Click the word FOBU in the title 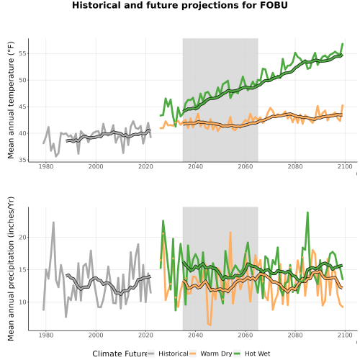tap(274, 5)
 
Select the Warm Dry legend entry tap(211, 354)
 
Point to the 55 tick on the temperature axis tap(22, 53)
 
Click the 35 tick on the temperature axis tap(22, 160)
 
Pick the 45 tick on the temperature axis tap(22, 107)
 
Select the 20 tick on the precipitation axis tap(22, 237)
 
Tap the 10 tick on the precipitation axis tap(22, 302)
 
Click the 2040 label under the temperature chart tap(195, 166)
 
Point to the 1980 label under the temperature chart tap(46, 166)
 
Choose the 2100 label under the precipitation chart tap(345, 335)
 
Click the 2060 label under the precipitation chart tap(246, 335)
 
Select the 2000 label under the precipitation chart tap(96, 335)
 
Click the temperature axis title tap(11, 100)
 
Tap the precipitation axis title tap(11, 269)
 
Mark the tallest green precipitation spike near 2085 tap(307, 212)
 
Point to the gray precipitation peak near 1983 tap(53, 222)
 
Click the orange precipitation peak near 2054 tap(230, 233)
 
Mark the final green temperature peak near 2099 tap(343, 44)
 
